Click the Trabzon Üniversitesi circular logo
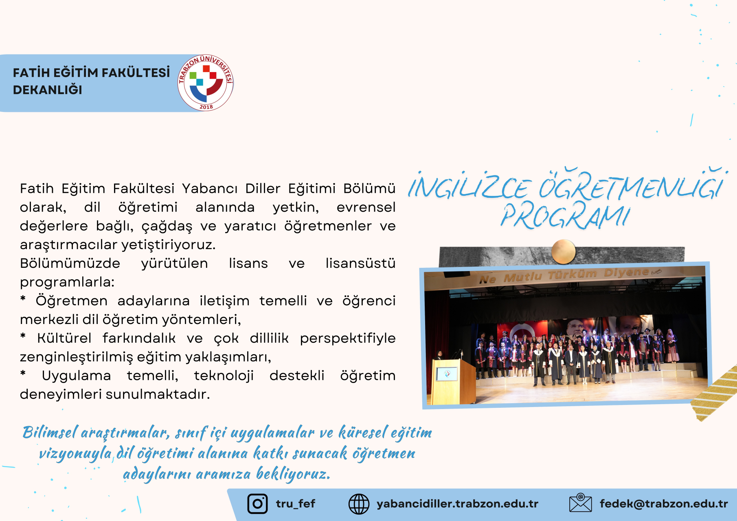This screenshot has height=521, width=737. tap(206, 83)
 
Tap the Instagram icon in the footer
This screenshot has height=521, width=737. tap(257, 503)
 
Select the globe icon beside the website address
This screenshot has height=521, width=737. tap(359, 504)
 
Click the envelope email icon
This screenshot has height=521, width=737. tap(580, 503)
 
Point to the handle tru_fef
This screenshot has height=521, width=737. tap(296, 504)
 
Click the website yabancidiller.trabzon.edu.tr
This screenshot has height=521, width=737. tap(457, 504)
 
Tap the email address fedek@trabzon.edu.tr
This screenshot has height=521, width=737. tap(664, 504)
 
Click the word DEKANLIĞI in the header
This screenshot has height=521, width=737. tap(48, 90)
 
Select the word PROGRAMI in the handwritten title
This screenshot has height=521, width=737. tap(565, 216)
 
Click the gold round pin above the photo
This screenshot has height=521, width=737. tap(564, 252)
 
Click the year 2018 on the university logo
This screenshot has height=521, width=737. tap(206, 107)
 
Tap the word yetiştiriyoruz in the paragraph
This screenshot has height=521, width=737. tap(168, 245)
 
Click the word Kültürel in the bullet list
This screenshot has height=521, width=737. tap(64, 338)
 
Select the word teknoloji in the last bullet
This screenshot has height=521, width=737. tap(224, 375)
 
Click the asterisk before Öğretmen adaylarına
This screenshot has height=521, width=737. tap(23, 299)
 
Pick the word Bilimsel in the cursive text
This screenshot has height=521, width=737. tap(50, 432)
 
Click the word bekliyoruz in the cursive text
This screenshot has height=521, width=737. tap(293, 474)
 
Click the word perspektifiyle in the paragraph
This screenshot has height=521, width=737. tap(348, 338)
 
